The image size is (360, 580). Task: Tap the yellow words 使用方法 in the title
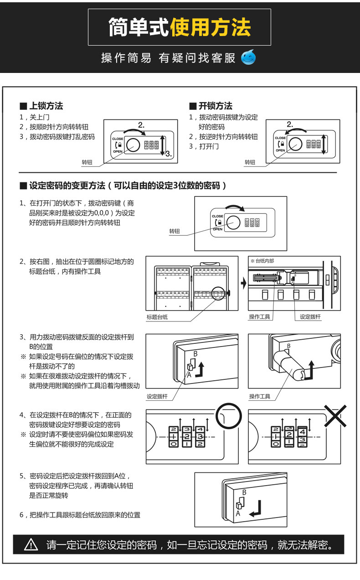[x=210, y=27]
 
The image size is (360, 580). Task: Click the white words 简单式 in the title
[x=139, y=27]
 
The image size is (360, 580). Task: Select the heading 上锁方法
[x=46, y=106]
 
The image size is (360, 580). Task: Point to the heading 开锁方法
[x=215, y=106]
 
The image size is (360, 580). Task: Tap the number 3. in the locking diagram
[x=168, y=154]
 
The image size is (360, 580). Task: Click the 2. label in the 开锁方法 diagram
[x=290, y=124]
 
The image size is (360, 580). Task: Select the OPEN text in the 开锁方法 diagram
[x=280, y=150]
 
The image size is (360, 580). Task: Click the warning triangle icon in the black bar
[x=31, y=544]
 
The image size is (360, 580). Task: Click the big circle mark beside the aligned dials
[x=228, y=415]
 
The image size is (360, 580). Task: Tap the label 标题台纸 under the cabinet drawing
[x=157, y=317]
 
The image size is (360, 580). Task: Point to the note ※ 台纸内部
[x=262, y=261]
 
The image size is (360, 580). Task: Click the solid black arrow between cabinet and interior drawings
[x=243, y=283]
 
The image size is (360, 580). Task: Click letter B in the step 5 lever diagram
[x=244, y=492]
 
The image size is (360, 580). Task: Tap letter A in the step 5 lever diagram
[x=237, y=513]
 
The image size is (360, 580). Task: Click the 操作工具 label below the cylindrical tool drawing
[x=260, y=396]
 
